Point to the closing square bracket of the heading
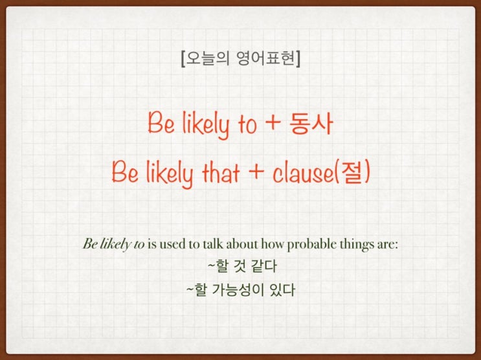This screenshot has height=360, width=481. coord(297,62)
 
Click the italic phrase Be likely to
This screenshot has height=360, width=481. coord(113,245)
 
